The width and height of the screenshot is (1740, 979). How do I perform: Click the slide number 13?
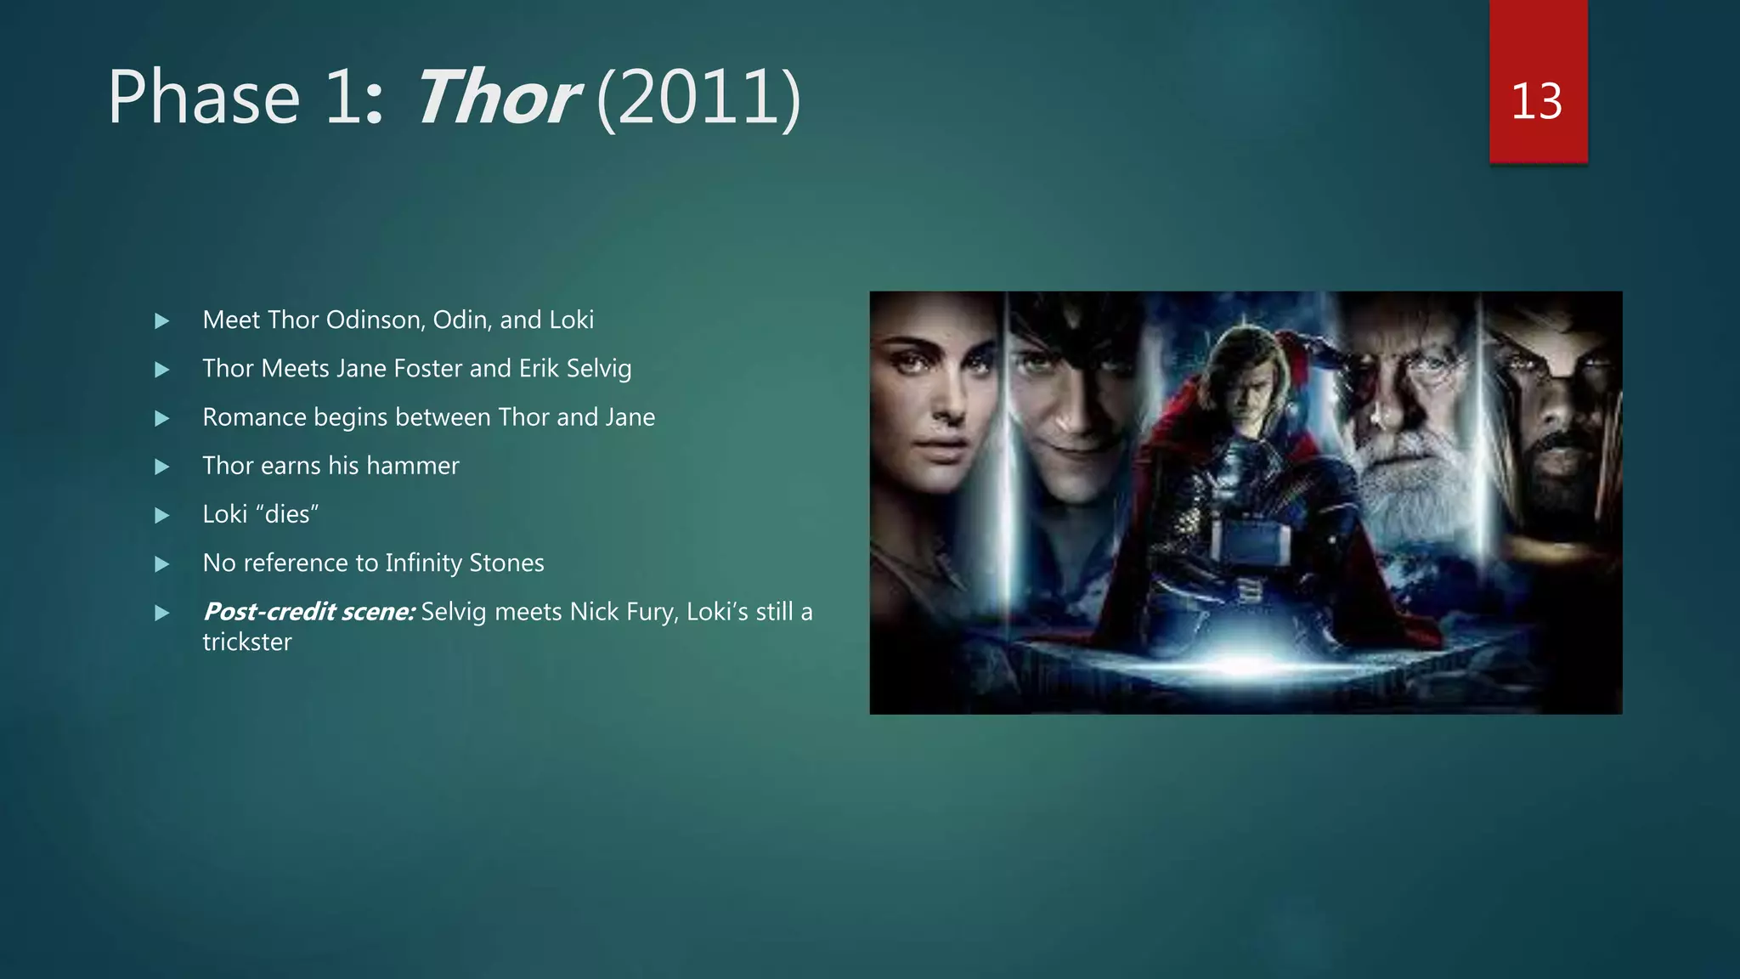pos(1536,101)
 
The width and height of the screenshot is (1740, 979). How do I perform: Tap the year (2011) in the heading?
pos(698,98)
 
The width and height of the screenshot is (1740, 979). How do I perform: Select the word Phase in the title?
pos(204,98)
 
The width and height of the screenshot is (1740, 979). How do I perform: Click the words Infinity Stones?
pos(464,563)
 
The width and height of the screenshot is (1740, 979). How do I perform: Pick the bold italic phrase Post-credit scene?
pos(309,611)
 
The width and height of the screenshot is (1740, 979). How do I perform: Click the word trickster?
pos(246,642)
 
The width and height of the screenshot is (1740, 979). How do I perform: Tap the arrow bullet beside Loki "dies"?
pos(162,515)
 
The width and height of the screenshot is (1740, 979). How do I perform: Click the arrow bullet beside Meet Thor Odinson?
pos(162,320)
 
